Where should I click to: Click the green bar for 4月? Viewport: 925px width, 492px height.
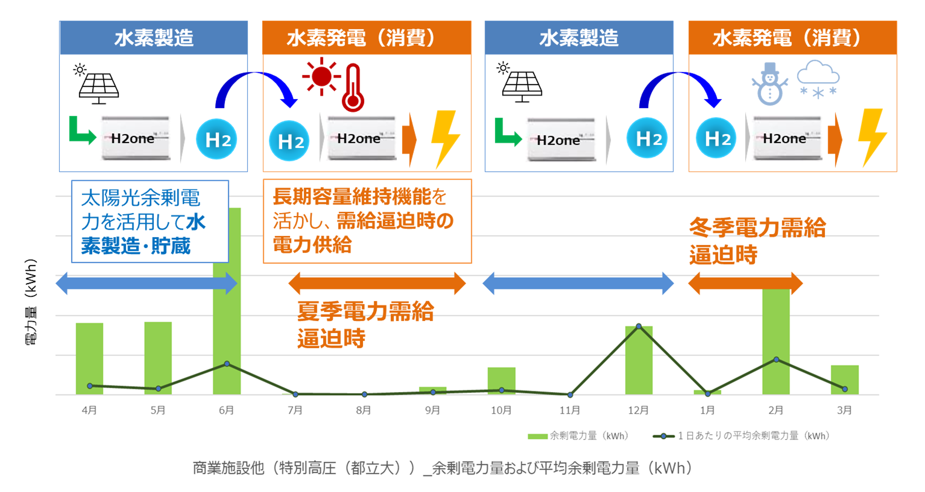[x=89, y=359]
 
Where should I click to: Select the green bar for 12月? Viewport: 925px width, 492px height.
[x=639, y=360]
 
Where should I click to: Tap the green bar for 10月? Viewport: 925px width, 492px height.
[x=501, y=381]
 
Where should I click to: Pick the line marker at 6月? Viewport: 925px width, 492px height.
[x=227, y=364]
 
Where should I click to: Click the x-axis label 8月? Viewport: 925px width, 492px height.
[x=363, y=410]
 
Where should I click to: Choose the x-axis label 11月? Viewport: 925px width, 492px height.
[x=570, y=410]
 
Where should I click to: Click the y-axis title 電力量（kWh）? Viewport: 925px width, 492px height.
[x=31, y=302]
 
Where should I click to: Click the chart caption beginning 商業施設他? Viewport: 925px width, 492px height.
[x=442, y=468]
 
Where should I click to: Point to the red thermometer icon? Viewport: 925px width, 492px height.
[x=353, y=88]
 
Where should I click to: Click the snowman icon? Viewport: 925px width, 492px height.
[x=770, y=84]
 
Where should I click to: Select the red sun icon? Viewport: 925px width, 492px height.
[x=321, y=76]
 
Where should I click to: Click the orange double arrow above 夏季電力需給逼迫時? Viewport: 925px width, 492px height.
[x=377, y=283]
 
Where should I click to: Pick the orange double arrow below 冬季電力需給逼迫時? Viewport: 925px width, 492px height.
[x=745, y=283]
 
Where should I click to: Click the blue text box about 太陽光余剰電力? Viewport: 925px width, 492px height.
[x=150, y=221]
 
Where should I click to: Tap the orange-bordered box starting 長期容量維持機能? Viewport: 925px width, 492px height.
[x=367, y=221]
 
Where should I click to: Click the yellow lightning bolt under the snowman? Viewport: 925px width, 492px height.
[x=873, y=138]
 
